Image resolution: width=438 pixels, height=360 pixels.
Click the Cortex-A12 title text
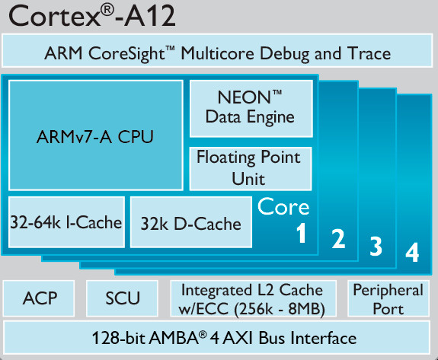(92, 16)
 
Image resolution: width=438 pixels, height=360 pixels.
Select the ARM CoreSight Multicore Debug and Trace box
(217, 51)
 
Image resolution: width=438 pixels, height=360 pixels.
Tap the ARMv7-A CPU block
(95, 135)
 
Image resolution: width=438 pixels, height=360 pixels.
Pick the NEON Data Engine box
(251, 108)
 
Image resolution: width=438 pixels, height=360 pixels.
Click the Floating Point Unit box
(251, 168)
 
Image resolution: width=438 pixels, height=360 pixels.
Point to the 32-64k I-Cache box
(66, 222)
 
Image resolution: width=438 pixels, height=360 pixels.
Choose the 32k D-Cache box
(191, 222)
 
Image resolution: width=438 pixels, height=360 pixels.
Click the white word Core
(283, 206)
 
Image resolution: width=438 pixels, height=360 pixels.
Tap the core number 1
(301, 234)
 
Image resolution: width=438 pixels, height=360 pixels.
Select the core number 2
(338, 239)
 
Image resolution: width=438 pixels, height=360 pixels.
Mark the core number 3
(376, 246)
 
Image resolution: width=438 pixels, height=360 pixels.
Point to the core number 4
(412, 252)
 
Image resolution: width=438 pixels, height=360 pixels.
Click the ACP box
(39, 298)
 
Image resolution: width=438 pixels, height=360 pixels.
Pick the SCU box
(122, 298)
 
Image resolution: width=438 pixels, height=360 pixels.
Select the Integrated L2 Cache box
(253, 298)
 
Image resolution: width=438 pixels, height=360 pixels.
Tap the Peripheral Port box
(388, 298)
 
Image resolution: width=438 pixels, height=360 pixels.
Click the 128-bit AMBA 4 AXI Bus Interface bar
(217, 338)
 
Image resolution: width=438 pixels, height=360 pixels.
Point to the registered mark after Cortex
(107, 11)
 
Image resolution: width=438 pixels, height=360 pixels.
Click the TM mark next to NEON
(277, 92)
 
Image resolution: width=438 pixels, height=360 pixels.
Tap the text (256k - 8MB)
(280, 309)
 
